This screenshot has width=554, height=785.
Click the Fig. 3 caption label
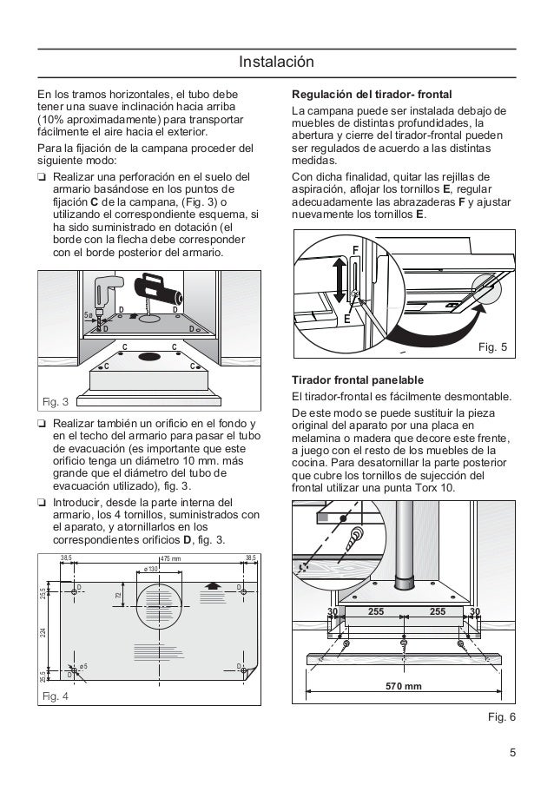coord(56,402)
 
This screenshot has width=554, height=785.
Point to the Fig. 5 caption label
coord(493,348)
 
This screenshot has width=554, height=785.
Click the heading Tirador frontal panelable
coord(358,381)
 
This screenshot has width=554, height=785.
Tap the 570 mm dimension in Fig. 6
coord(403,686)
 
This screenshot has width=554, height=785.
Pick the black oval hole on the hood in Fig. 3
coord(149,356)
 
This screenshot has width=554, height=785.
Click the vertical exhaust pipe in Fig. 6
coord(406,546)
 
